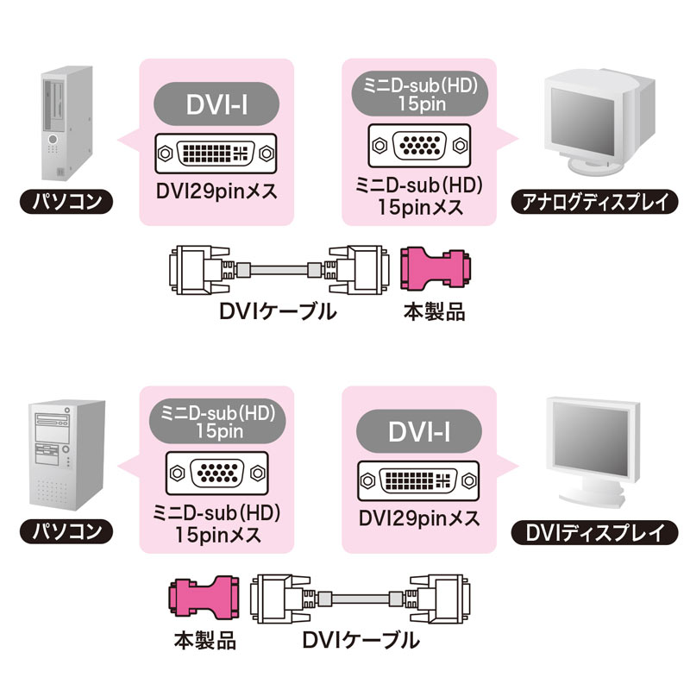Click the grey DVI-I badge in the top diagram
217,106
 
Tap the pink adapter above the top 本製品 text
436,271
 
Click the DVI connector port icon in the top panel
217,154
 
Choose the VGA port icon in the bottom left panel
217,473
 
